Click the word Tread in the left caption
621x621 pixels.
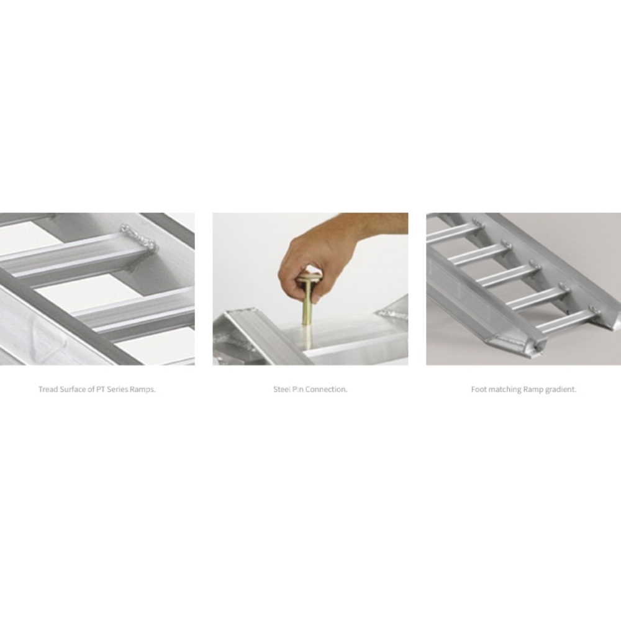[x=48, y=390]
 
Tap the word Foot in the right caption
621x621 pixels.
[x=479, y=390]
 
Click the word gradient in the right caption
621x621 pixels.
[x=561, y=390]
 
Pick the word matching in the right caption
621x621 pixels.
[x=504, y=390]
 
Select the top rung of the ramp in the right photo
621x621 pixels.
[x=453, y=232]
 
